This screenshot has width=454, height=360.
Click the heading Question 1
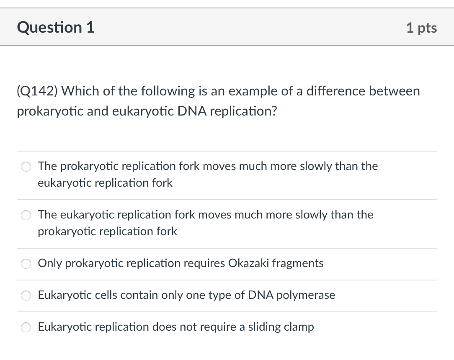coord(56,28)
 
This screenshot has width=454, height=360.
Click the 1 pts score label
coord(421,28)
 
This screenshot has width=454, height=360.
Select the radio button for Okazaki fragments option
coord(26,264)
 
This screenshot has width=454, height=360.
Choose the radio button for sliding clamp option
coord(26,327)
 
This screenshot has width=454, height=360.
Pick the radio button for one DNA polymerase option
coord(26,296)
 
